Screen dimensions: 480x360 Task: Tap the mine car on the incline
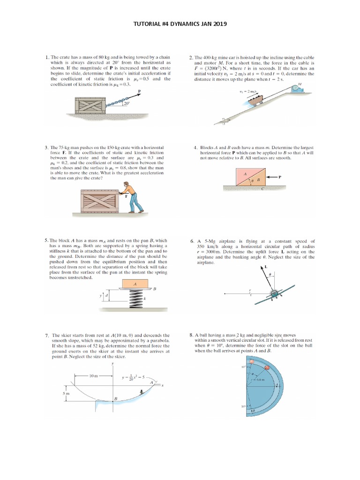[x=254, y=99]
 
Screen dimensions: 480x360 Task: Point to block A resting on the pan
[x=135, y=284]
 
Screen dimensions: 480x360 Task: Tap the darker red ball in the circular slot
[x=268, y=367]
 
